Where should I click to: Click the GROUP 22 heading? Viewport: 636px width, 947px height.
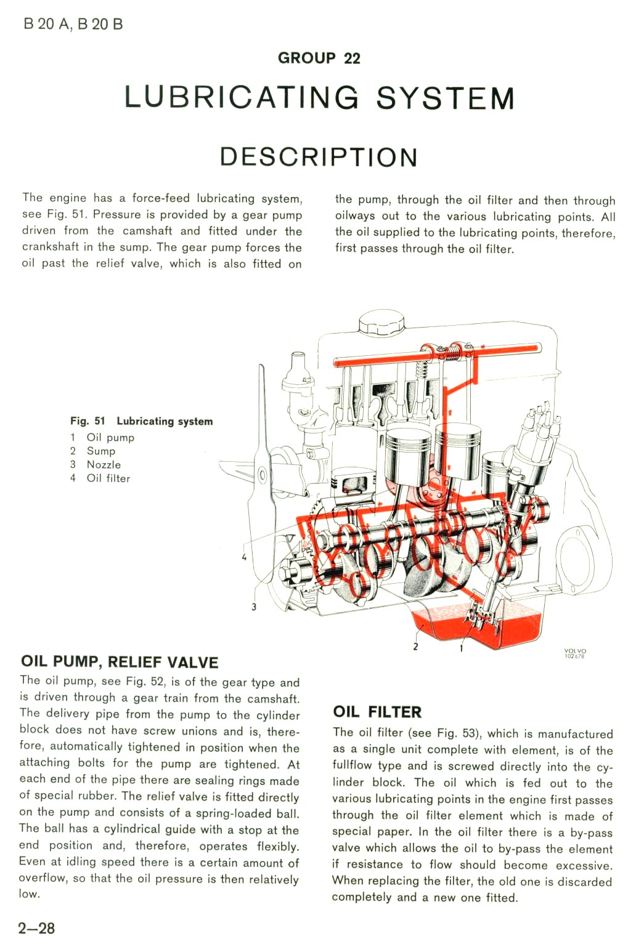click(319, 58)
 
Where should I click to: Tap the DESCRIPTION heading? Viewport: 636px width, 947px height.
click(319, 157)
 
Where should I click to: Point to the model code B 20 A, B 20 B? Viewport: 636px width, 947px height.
click(73, 25)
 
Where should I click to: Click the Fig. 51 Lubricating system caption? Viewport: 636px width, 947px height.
click(141, 421)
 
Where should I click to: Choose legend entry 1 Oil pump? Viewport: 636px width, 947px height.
click(102, 438)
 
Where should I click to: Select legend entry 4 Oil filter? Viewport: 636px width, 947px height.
click(100, 478)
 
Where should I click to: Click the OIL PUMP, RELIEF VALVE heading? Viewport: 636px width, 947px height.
click(120, 662)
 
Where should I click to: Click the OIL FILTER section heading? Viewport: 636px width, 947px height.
click(377, 712)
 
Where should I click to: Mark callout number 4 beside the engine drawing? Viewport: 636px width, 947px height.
click(244, 557)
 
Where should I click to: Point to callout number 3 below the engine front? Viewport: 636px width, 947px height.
click(254, 607)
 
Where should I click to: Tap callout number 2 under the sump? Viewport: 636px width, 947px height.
click(415, 647)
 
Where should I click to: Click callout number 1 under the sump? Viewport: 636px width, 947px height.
click(461, 648)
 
